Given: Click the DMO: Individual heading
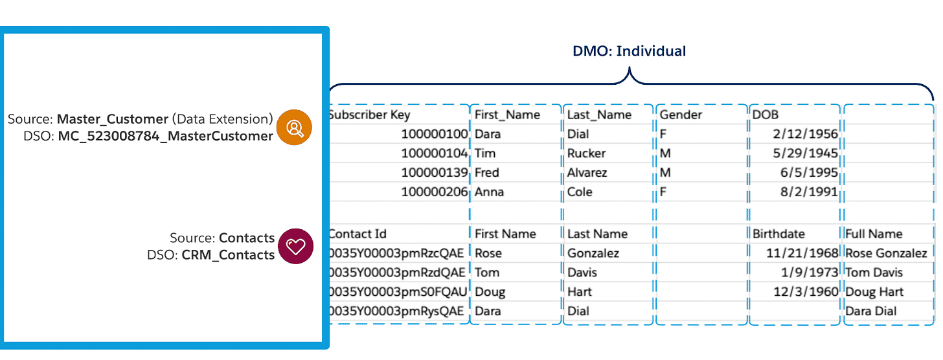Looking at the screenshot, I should click(629, 51).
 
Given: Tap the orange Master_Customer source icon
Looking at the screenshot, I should click(294, 128).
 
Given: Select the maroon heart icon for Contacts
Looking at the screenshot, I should click(295, 247).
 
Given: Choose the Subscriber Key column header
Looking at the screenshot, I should click(369, 115).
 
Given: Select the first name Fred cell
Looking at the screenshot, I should click(487, 173).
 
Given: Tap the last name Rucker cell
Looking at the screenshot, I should click(586, 153).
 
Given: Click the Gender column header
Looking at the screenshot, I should click(681, 115).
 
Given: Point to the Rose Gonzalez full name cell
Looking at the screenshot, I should click(886, 253).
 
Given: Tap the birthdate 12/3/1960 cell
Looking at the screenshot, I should click(806, 292).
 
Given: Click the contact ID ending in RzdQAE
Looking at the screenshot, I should click(396, 273).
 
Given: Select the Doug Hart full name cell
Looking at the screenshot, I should click(876, 292).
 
